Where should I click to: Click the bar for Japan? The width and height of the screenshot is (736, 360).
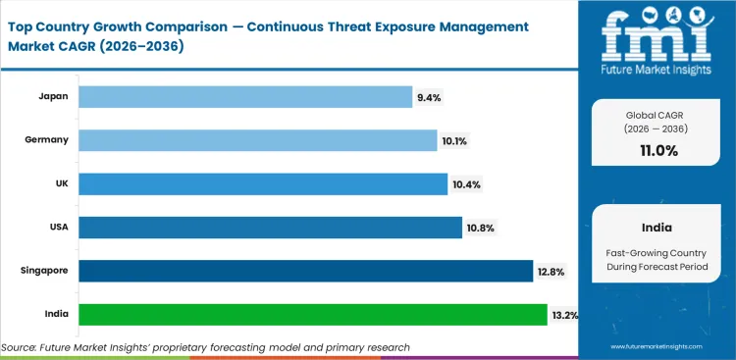pyautogui.click(x=245, y=96)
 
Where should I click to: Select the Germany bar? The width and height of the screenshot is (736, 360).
pyautogui.click(x=257, y=140)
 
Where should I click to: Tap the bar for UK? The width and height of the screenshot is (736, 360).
pyautogui.click(x=261, y=183)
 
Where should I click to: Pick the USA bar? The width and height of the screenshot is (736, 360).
pyautogui.click(x=270, y=228)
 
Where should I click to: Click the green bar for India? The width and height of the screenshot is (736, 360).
pyautogui.click(x=312, y=314)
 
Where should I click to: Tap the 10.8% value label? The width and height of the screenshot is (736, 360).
pyautogui.click(x=480, y=228)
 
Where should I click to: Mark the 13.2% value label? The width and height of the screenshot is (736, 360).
pyautogui.click(x=565, y=315)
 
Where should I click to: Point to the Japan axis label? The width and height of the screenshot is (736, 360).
pyautogui.click(x=53, y=96)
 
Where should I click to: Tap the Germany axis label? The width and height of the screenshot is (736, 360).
pyautogui.click(x=47, y=140)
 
